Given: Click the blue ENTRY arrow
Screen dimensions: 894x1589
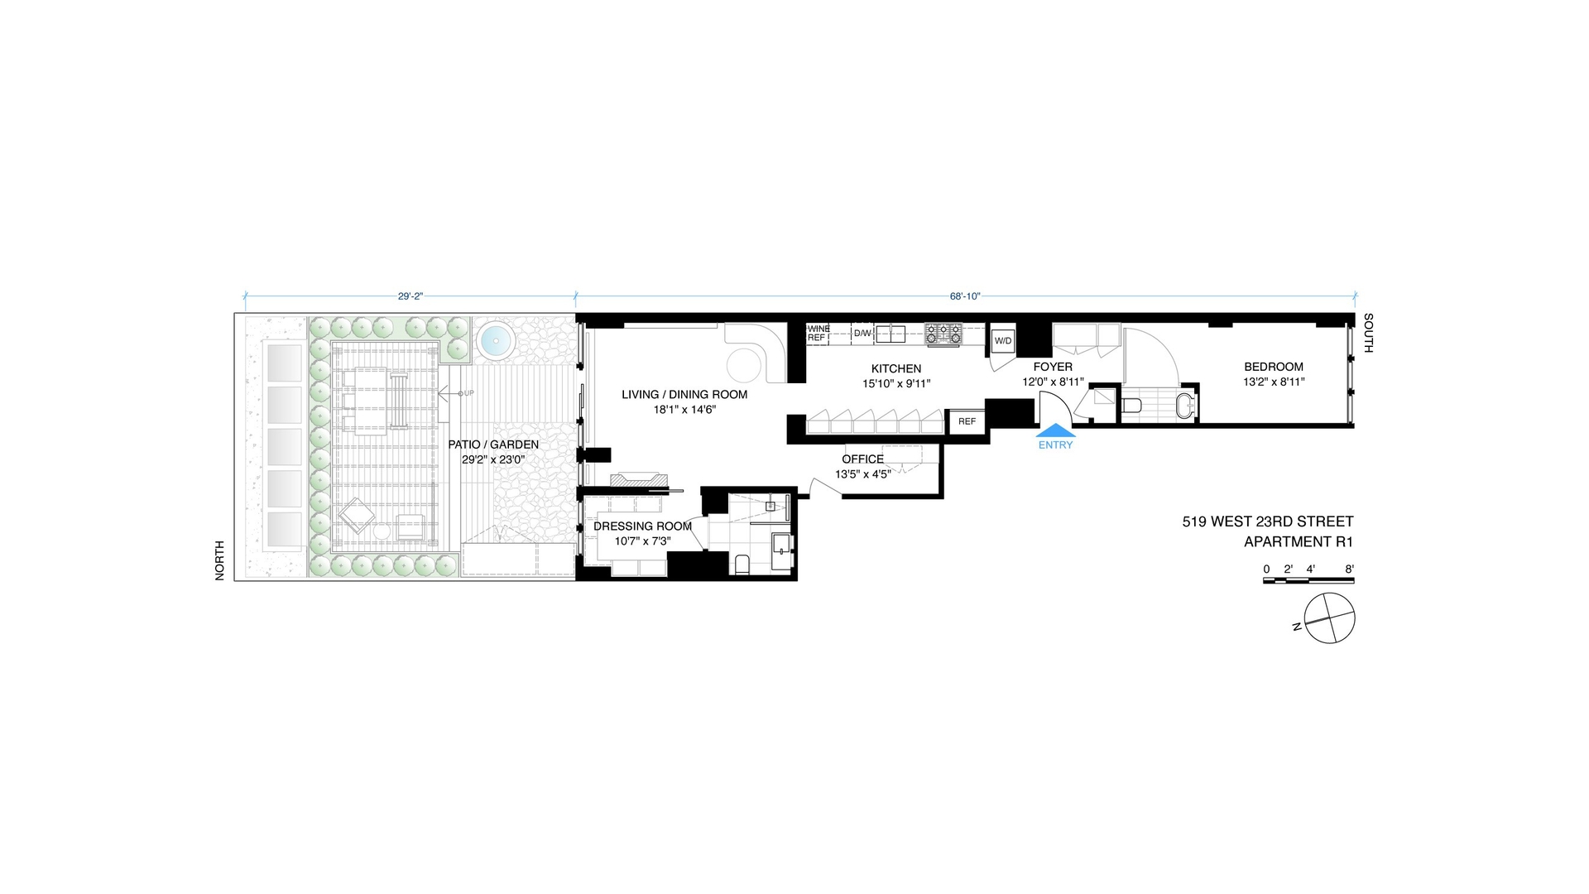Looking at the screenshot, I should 1056,430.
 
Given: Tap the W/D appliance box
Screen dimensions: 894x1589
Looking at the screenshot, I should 1003,341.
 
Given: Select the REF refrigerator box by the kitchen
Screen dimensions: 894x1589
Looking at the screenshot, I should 967,421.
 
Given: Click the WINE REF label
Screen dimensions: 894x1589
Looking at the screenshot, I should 818,334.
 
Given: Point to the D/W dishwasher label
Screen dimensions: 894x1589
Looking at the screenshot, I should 862,334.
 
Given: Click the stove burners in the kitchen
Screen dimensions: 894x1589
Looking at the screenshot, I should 943,334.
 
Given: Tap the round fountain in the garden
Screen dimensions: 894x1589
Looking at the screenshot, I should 496,340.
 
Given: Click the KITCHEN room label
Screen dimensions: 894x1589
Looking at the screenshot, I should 895,369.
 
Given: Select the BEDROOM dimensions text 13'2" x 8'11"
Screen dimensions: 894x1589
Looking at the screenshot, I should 1274,382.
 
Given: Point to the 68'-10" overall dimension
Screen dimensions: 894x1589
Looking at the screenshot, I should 965,296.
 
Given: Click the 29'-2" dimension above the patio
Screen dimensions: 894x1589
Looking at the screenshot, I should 410,296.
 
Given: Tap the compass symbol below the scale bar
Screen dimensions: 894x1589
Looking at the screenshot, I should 1329,618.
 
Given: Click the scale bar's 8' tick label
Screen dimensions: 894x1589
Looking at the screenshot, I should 1349,569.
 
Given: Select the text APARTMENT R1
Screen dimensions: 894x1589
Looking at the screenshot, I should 1299,542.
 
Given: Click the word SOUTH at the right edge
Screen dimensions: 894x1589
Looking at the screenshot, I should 1368,333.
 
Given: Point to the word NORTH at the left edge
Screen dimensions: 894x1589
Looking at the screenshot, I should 220,560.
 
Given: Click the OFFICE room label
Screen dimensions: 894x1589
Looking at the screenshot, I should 862,459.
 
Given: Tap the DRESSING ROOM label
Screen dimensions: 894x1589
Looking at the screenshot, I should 642,526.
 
